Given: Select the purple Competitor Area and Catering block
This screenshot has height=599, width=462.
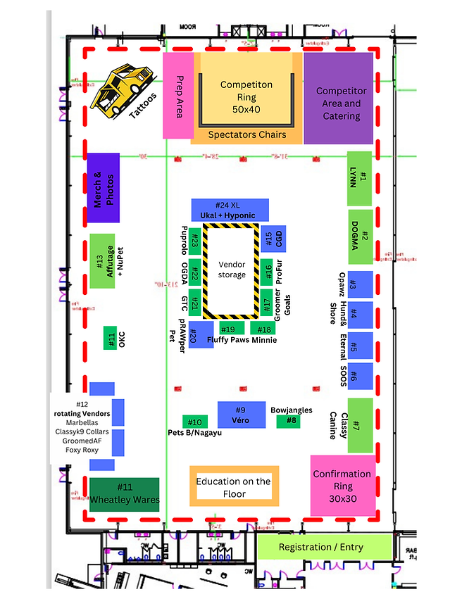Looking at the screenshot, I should (337, 99).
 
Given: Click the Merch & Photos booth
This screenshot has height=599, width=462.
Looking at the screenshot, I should (102, 187).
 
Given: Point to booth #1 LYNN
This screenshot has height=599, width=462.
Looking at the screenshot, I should (358, 177).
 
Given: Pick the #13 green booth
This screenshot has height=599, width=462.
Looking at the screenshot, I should (102, 260).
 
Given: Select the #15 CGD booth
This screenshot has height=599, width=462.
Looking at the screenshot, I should (267, 239).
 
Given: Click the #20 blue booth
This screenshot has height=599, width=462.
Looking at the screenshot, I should (201, 335).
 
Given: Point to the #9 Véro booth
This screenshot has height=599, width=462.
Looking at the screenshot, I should (241, 414).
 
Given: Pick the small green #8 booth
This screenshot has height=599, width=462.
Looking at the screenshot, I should (287, 421).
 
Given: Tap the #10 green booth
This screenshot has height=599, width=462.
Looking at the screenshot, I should (195, 422).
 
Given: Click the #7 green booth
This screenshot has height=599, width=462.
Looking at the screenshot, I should (359, 425).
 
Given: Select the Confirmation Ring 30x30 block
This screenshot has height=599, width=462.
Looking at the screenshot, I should (342, 484).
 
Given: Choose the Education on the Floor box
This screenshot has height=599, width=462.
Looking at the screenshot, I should (234, 486).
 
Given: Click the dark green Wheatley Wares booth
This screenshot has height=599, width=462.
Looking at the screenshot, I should (124, 494).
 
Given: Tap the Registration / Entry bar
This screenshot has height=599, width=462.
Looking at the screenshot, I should (323, 547).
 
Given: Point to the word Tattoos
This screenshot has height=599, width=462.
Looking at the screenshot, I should (144, 106).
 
